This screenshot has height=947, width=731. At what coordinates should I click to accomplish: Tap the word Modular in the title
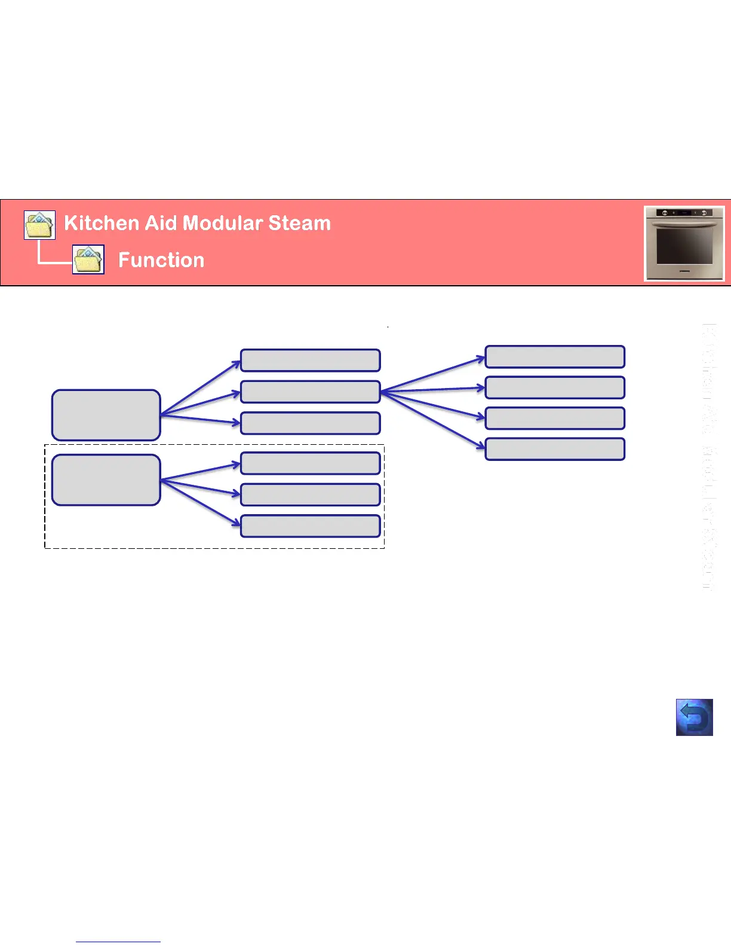click(222, 223)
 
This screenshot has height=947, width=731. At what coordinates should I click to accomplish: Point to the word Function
click(161, 260)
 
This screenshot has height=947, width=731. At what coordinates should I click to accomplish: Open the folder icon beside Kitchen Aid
click(40, 225)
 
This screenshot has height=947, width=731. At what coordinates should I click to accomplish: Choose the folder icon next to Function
click(88, 259)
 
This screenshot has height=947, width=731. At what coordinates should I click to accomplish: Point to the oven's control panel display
click(684, 213)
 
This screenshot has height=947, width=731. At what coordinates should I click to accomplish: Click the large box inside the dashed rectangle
click(106, 480)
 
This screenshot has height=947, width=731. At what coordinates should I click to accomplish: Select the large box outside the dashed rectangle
click(106, 416)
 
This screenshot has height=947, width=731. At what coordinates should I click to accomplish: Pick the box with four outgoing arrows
click(310, 392)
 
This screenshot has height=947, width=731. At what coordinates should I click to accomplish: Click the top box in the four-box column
click(555, 356)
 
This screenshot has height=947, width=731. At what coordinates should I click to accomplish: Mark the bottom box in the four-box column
click(555, 449)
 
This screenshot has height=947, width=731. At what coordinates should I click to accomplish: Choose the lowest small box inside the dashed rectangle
click(310, 526)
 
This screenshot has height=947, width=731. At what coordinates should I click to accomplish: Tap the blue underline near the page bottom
click(118, 942)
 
